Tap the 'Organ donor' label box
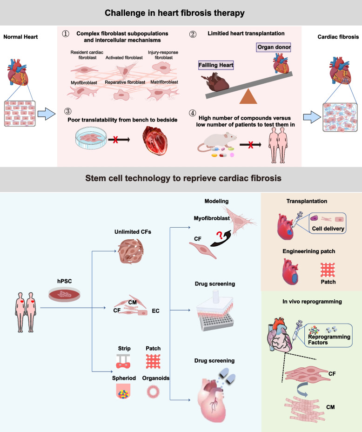(x=273, y=47)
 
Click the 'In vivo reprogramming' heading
(x=310, y=301)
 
